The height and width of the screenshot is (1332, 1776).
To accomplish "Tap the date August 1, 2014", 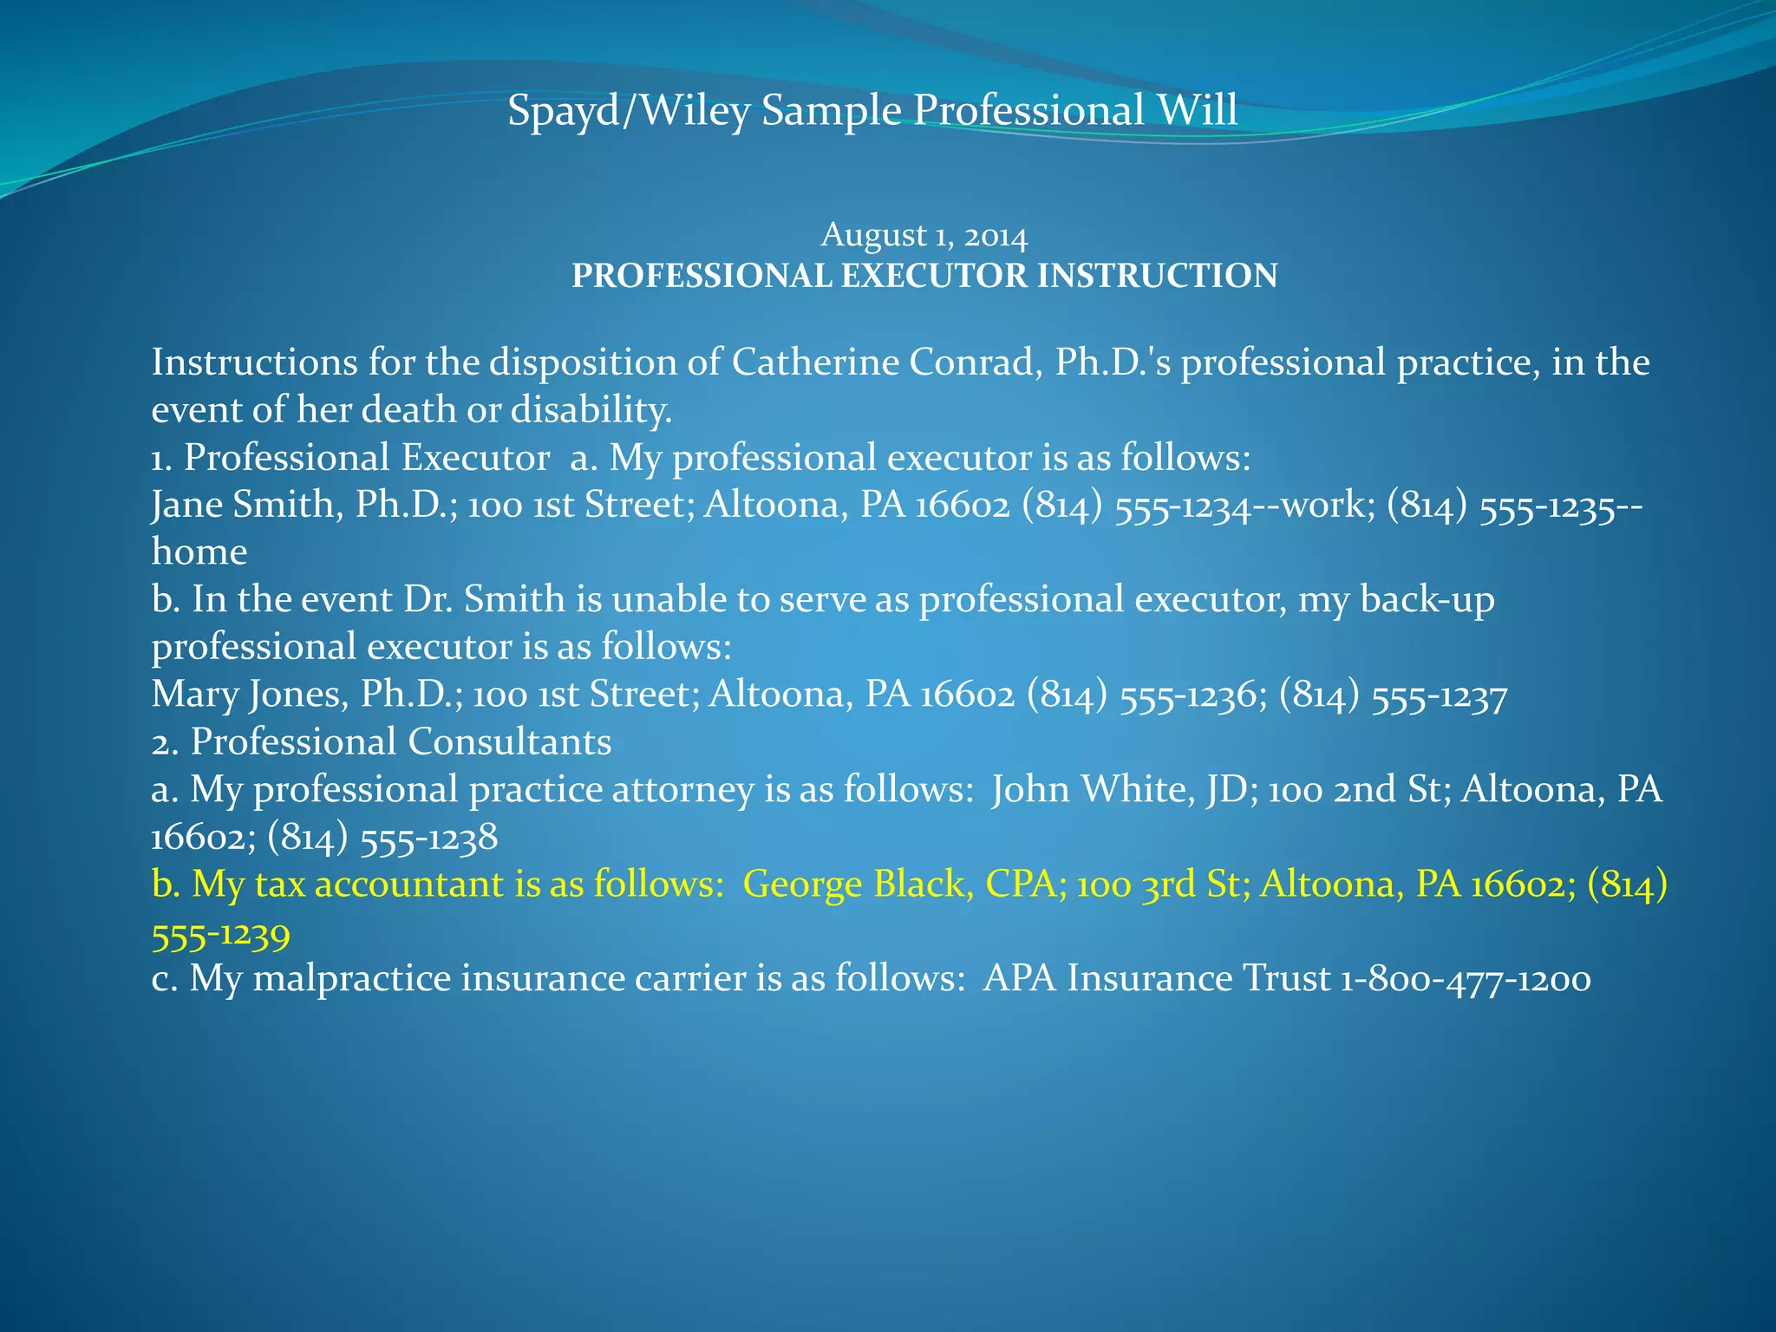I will (x=924, y=235).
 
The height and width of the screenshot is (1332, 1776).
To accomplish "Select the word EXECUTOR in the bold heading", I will (x=936, y=276).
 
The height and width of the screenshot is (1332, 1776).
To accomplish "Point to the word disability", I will (x=591, y=409).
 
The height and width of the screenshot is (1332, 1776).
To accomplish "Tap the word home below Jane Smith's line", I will (x=199, y=552).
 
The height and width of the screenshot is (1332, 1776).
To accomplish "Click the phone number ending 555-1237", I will (x=1440, y=695).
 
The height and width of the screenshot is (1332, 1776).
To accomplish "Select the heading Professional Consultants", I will (x=401, y=741).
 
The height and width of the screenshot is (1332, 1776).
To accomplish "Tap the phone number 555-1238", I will (x=428, y=838).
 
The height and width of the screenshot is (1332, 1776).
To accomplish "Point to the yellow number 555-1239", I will (x=220, y=933).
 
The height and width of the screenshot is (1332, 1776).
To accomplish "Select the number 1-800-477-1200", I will (x=1466, y=980).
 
